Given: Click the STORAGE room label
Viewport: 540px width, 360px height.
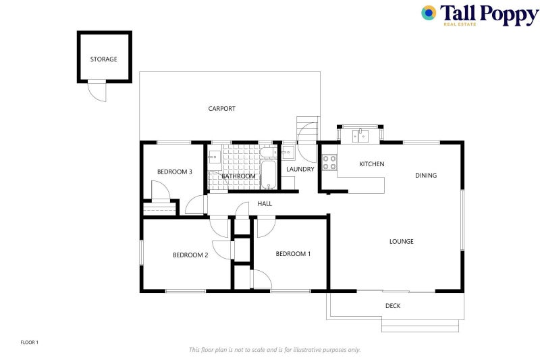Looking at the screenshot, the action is [104, 59].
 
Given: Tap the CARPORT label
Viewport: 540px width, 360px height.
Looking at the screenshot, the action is [222, 109].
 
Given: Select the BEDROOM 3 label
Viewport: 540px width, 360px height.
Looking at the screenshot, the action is [175, 172].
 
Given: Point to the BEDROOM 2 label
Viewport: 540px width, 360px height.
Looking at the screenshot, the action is [190, 255].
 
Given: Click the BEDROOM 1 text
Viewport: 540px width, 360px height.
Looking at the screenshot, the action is [293, 254].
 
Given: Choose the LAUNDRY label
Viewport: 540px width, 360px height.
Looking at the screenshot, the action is [300, 169].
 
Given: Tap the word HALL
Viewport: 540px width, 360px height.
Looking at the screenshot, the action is [265, 203].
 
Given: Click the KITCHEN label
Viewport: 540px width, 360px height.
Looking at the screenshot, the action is [372, 164].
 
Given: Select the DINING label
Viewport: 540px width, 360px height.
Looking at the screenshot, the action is [426, 176].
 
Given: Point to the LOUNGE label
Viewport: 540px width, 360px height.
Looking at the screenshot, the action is [402, 242].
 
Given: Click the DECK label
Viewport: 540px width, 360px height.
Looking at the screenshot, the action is [393, 305].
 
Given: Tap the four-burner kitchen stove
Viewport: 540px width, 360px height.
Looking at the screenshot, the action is [329, 163].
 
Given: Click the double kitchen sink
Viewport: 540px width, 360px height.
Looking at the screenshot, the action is [360, 136].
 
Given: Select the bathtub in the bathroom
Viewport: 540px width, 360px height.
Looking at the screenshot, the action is [269, 175].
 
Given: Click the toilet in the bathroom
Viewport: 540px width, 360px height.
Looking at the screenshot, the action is [269, 152].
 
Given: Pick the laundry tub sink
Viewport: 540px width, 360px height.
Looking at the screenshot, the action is [288, 152].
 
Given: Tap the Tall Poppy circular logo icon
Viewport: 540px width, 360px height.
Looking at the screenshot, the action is [429, 13].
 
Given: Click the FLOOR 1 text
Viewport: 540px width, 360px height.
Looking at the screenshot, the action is [30, 342].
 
